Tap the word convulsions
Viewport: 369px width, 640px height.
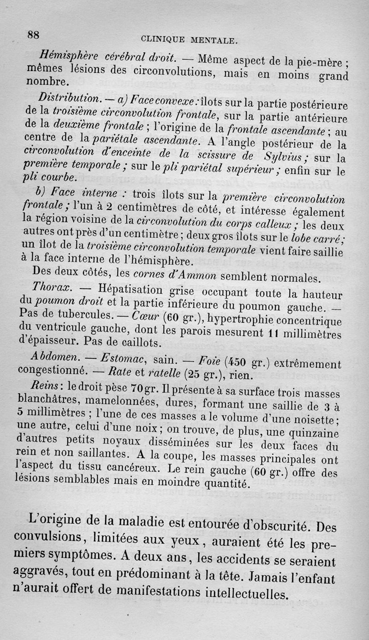click(x=43, y=538)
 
